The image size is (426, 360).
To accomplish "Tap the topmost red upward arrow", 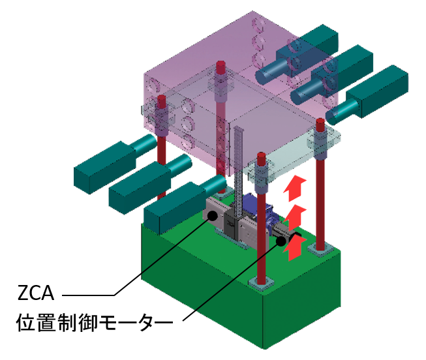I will pos(296,187).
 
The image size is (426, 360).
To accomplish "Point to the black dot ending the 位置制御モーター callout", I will pos(282,240).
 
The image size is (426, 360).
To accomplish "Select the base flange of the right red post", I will pos(320,248).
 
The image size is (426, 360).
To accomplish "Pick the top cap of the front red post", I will pos(261,157).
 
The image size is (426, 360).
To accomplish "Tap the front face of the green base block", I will pos(196,287).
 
